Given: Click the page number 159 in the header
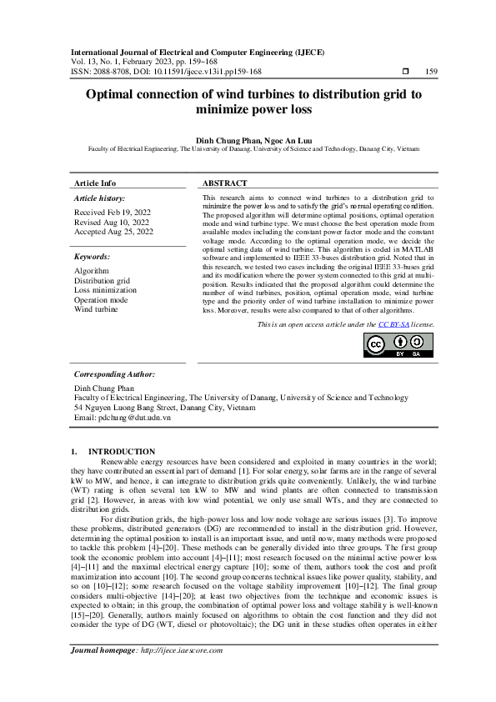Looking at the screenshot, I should click(431, 72).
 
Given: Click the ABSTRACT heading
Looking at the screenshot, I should click(224, 183).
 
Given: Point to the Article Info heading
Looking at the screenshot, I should click(95, 183).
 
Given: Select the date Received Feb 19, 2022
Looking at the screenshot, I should click(113, 213).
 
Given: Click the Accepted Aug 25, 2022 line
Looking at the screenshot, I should click(114, 232).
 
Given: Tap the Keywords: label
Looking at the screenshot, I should click(93, 258).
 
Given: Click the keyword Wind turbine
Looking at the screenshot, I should click(96, 308).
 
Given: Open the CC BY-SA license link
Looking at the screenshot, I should click(393, 324).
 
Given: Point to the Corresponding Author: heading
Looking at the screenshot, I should click(114, 375).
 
